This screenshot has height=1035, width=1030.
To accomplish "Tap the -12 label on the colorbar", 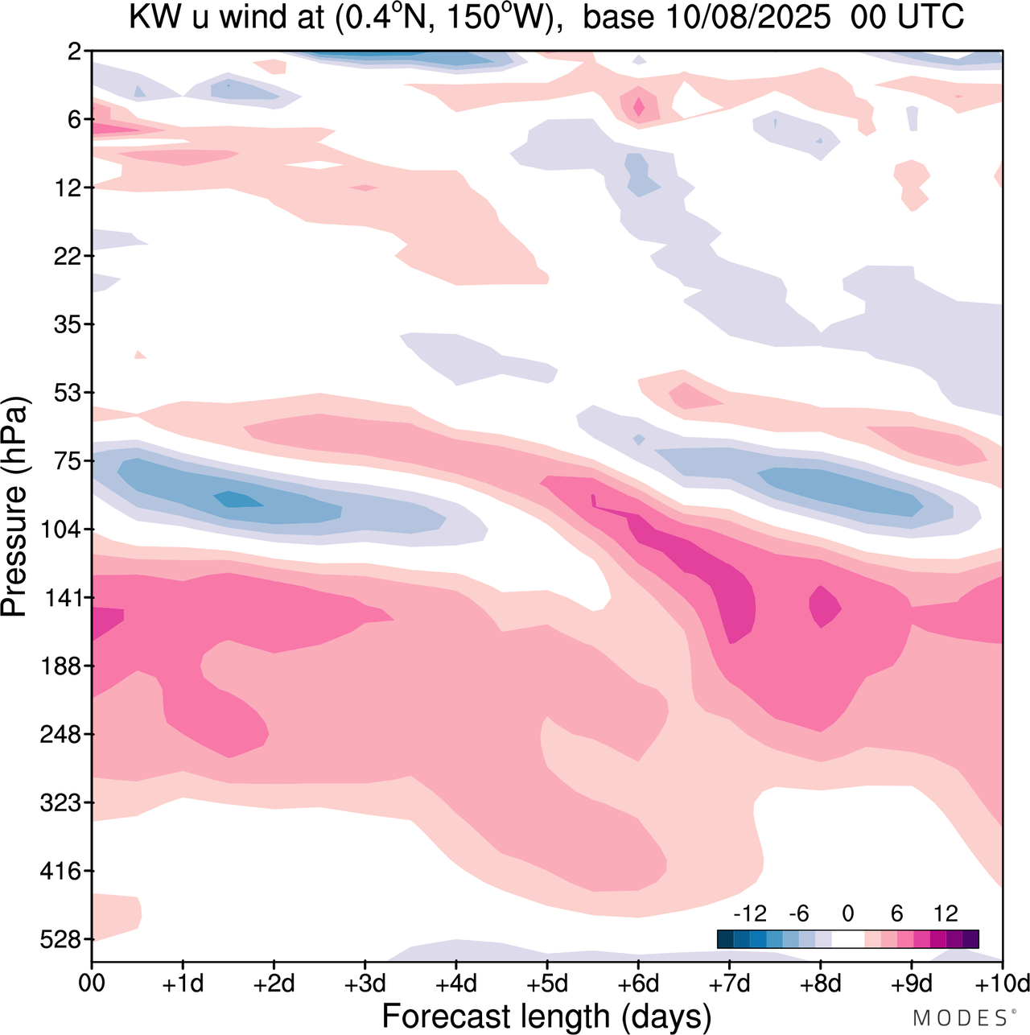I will click(x=750, y=913).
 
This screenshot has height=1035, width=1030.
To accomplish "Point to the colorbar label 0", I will click(x=847, y=913).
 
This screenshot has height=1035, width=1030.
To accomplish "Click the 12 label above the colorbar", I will click(x=946, y=913).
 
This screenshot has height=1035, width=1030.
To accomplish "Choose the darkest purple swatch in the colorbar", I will click(x=970, y=938).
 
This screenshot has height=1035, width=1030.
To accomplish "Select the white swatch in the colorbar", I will click(x=847, y=938).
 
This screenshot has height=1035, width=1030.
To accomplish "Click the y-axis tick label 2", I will click(x=75, y=52).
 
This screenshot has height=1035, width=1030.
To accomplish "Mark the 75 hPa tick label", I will click(x=68, y=461).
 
